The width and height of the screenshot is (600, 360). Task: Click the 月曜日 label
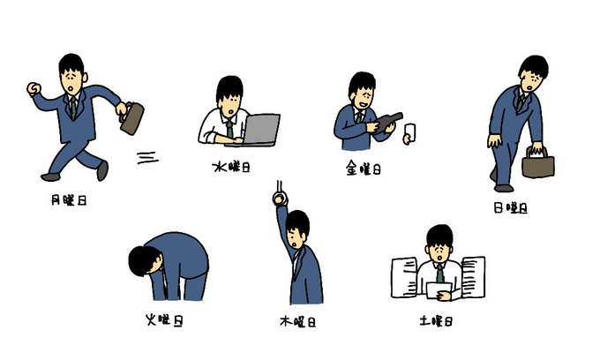[x=69, y=200]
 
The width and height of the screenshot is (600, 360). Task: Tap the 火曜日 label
[x=164, y=319]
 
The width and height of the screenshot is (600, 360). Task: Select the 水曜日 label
[x=231, y=167]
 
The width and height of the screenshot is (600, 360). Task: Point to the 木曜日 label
[x=297, y=321]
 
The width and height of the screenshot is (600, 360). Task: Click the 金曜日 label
[x=364, y=169]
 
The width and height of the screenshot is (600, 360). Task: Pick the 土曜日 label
[x=436, y=320]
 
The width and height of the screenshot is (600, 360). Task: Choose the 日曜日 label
[x=511, y=207]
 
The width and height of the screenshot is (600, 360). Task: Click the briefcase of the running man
[x=132, y=118]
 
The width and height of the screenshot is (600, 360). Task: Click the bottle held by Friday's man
[x=388, y=121]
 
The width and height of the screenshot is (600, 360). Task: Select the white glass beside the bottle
[x=410, y=131]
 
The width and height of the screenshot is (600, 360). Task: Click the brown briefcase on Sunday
[x=538, y=164]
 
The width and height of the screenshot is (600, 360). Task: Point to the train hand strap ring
[x=280, y=199]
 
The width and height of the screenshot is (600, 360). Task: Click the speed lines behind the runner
[x=147, y=158]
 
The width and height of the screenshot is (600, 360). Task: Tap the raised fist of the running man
[x=34, y=89]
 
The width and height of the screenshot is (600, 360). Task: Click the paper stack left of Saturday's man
[x=404, y=277]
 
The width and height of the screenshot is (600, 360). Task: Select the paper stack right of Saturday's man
[x=474, y=277]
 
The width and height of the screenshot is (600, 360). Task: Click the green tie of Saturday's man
[x=440, y=273]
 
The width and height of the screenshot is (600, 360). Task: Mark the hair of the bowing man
[x=144, y=259]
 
